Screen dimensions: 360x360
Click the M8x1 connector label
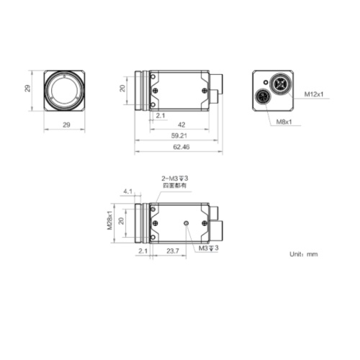286,121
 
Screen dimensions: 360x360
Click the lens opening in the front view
67,90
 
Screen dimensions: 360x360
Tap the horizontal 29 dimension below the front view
66,125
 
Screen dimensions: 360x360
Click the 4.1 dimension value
128,192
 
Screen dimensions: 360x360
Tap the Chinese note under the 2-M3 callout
174,186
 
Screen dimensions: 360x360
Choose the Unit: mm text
303,254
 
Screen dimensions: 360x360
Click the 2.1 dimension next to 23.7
142,251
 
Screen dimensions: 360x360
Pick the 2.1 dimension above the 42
160,114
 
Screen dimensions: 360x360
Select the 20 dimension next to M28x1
122,221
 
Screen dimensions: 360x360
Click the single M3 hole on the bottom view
186,223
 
